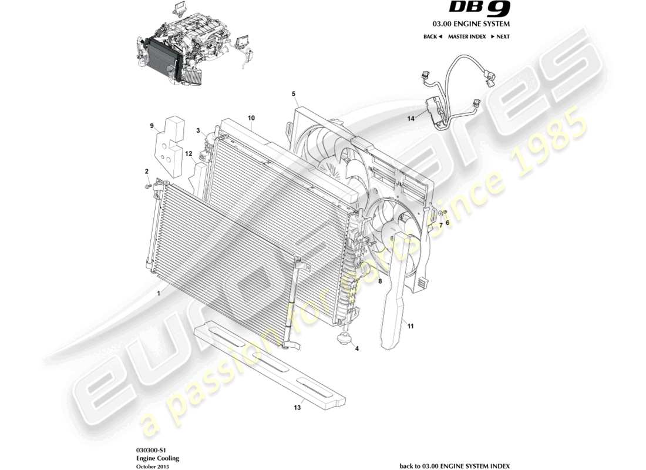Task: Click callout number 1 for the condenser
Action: coord(158,291)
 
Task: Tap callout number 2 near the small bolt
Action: coord(147,172)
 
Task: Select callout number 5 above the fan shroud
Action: coord(294,94)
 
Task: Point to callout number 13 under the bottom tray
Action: coord(297,407)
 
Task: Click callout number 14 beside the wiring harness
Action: coord(411,119)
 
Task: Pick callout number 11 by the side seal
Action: coord(411,325)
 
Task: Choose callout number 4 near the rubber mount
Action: coord(358,348)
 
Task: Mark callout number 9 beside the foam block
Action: coord(152,126)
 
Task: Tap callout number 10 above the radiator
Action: coord(251,118)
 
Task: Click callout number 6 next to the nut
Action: coord(447,223)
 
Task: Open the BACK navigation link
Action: coord(432,36)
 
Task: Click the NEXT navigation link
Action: coord(500,36)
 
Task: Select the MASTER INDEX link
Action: coord(466,36)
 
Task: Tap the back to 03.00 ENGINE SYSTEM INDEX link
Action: coord(455,465)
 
